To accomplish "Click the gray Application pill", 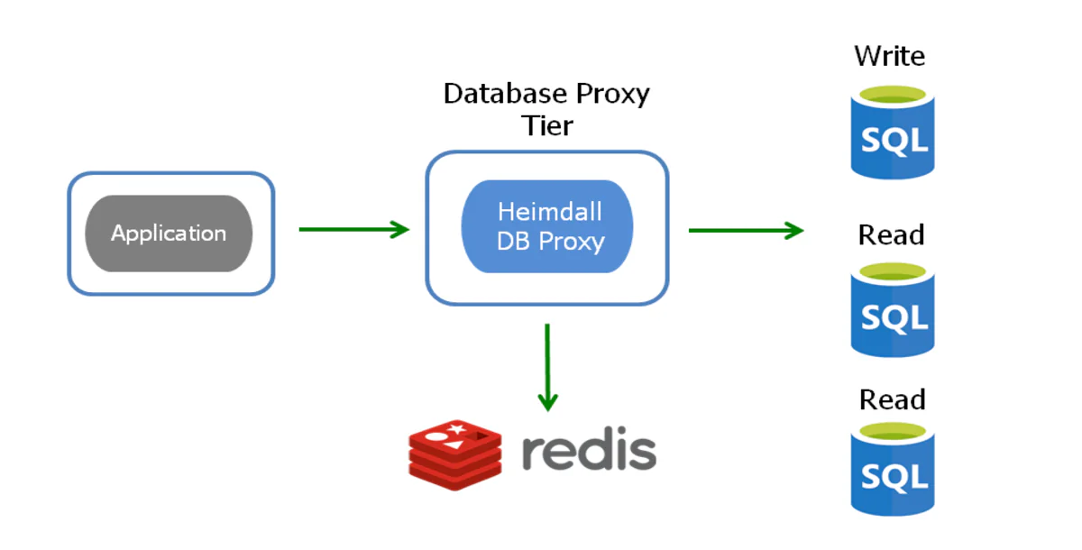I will pos(169,234).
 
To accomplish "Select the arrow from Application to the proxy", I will pos(353,230).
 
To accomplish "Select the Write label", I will pos(890,56).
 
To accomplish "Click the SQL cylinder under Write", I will pos(893,135).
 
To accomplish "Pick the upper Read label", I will pos(891,235).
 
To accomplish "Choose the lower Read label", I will pos(892,399).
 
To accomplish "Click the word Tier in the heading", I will pos(547,125).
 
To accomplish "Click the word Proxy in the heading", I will pos(612,94).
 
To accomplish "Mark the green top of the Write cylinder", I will pos(893,94).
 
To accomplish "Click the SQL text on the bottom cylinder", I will pos(893,476).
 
